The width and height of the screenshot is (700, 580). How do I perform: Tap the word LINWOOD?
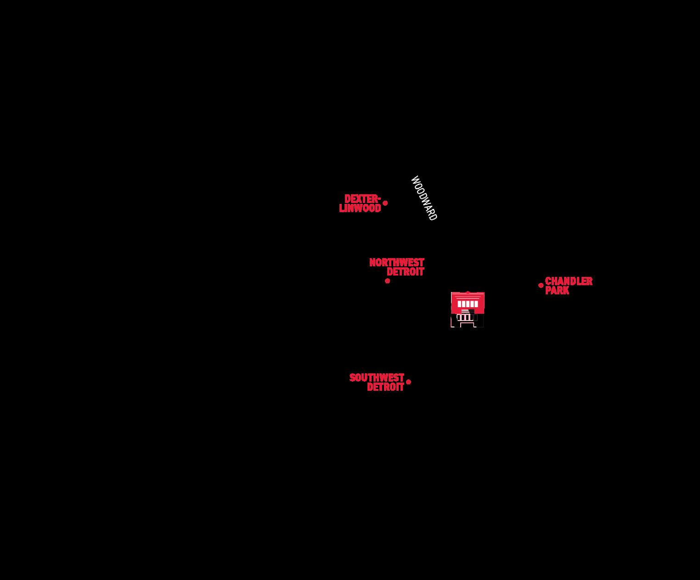pos(360,208)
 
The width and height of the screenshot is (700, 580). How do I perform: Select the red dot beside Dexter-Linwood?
pos(385,203)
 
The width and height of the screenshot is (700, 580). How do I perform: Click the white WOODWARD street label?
pos(423,198)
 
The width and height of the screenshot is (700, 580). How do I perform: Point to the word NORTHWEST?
pos(396,262)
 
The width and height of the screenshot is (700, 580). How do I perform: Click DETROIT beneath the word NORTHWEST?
pos(405,272)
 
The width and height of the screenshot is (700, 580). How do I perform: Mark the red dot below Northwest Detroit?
pos(387,281)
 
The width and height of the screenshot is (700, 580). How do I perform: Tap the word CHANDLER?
pos(569,281)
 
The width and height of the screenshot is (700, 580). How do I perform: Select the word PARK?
pos(557,290)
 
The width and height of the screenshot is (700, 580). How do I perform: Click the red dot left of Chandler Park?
pos(541,285)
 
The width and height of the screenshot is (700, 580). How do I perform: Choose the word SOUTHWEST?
pos(377,377)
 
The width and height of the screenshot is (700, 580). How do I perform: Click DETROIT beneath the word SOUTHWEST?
pos(385,387)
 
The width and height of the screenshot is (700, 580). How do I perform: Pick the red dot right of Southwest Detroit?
pos(408,382)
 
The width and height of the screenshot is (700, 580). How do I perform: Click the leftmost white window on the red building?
pos(459,304)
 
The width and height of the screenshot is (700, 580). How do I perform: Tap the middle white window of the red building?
pos(468,304)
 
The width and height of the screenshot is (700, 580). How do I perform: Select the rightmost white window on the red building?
pos(476,304)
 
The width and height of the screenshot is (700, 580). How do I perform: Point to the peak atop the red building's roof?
pos(468,292)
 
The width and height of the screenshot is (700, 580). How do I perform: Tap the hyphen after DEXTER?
pos(379,199)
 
